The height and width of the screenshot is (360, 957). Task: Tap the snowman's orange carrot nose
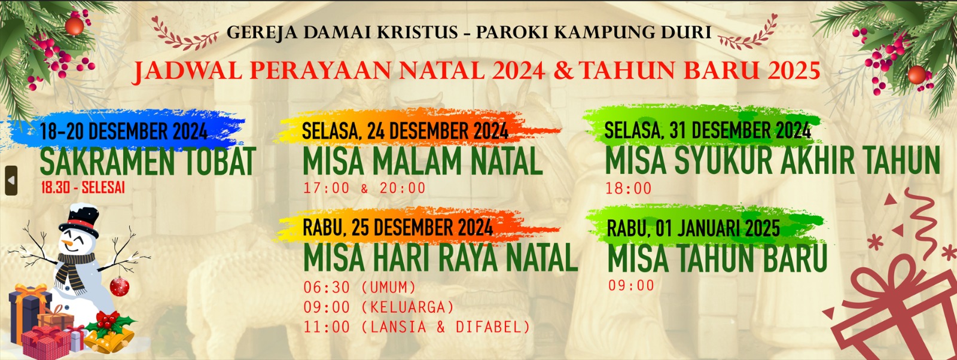[67, 243]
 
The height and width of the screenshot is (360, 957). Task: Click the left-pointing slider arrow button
[11, 181]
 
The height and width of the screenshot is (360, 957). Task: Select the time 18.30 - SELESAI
[83, 187]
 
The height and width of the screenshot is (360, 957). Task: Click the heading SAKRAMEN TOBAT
[148, 161]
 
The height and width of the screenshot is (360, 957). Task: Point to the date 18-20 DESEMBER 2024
[124, 131]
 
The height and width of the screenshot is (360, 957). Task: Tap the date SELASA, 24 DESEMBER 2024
[405, 131]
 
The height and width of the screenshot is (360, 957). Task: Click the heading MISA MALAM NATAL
[422, 161]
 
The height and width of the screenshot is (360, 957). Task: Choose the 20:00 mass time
[403, 188]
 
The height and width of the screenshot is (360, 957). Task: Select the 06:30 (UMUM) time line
[359, 288]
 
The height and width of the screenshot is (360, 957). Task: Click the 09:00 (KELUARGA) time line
[379, 307]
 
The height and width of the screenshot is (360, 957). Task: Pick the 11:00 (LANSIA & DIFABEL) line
[417, 327]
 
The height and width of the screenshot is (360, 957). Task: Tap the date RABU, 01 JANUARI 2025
[693, 228]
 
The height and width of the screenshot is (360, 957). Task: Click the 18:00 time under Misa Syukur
[629, 188]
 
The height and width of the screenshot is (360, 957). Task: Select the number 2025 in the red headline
[794, 71]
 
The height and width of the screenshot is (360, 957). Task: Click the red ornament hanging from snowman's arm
[120, 286]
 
